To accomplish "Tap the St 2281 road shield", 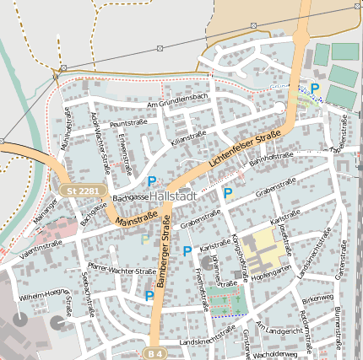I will point(84,191).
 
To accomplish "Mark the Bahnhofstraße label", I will point(270,158).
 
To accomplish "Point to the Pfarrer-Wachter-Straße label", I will point(121,271).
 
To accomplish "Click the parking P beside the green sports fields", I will point(315,88).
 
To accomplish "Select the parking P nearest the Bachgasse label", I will point(152,181).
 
